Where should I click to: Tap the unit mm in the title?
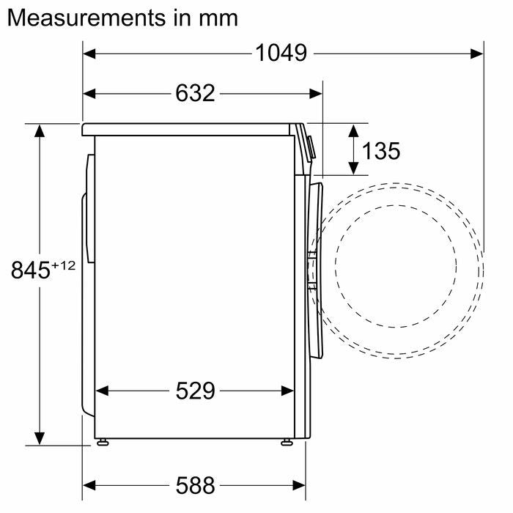tap(218, 18)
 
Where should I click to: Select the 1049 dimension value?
tap(281, 53)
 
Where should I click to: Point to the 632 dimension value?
tap(196, 93)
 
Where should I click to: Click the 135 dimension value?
tap(381, 151)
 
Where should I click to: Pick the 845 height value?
tap(30, 270)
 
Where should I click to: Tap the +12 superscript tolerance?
tap(63, 265)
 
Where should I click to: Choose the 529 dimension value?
tap(196, 391)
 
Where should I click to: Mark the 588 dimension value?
tap(196, 484)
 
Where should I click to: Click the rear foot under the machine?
tap(103, 442)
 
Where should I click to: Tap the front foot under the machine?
tap(285, 442)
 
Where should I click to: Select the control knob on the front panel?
tap(311, 147)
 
